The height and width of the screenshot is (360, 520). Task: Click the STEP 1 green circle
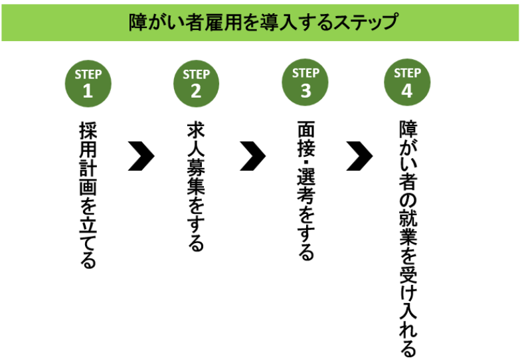[x=88, y=84]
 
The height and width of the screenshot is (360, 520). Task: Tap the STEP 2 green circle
[x=196, y=84]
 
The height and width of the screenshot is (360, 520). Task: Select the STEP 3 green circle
[x=305, y=82]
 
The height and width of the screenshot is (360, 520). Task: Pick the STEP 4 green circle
[x=407, y=82]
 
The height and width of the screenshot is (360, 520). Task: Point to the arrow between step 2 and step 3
[x=254, y=156]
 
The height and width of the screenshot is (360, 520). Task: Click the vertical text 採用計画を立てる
[x=88, y=195]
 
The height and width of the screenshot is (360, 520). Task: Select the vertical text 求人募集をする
[x=196, y=187]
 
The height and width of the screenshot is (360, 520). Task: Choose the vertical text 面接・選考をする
[x=305, y=191]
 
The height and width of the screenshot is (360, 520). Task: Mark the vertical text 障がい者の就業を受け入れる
[x=408, y=238]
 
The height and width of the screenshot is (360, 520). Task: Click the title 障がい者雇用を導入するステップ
[x=263, y=22]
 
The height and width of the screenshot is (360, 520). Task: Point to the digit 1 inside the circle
[x=88, y=90]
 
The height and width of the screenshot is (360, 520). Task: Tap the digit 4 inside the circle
[x=407, y=90]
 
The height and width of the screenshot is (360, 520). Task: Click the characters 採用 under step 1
[x=88, y=139]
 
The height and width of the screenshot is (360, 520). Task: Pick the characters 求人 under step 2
[x=196, y=139]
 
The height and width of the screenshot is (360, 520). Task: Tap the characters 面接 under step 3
[x=305, y=139]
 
